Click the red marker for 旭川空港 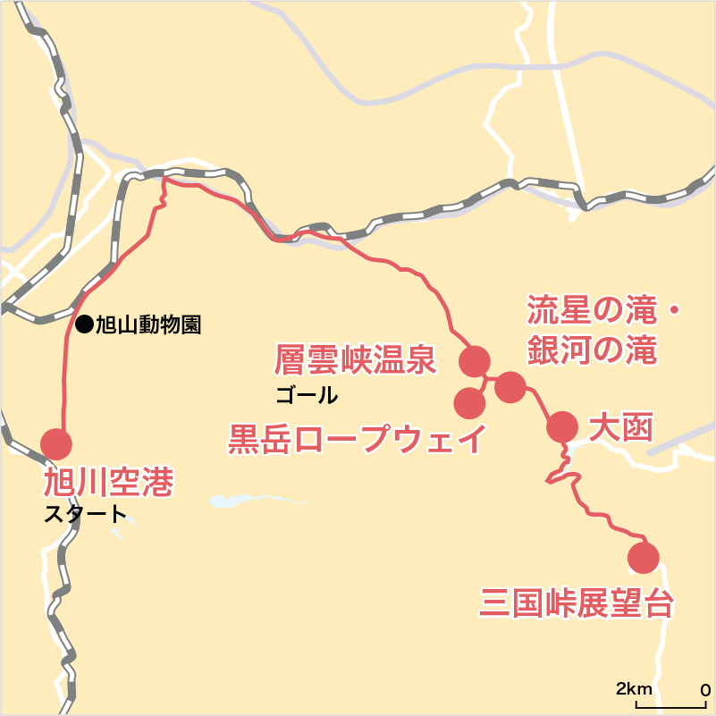tap(56, 443)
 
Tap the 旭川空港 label tap(108, 484)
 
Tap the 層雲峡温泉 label tap(355, 360)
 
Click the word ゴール tap(307, 394)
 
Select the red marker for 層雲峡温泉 tap(474, 361)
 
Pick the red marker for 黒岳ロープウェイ tap(469, 403)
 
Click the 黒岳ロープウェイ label tap(358, 440)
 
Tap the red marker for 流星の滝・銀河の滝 tap(510, 386)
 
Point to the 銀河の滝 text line tap(592, 350)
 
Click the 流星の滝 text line tap(592, 311)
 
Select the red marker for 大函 tap(562, 427)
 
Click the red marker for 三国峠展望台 tap(643, 557)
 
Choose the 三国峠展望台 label tap(576, 603)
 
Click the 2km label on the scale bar tap(633, 689)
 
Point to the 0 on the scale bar tap(705, 689)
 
